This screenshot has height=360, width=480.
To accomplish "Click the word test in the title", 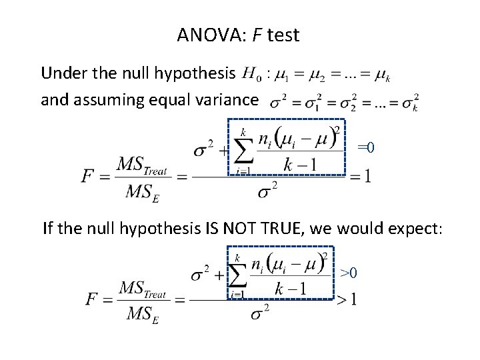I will pyautogui.click(x=283, y=35).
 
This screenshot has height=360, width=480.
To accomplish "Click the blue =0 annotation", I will pyautogui.click(x=366, y=147).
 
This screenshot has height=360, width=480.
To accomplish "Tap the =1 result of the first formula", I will pyautogui.click(x=361, y=176).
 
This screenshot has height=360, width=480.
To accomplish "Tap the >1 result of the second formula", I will pyautogui.click(x=346, y=299).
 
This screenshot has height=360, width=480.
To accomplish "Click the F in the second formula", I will pyautogui.click(x=92, y=299).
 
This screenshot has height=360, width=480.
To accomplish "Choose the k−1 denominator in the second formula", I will pyautogui.click(x=290, y=288).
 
